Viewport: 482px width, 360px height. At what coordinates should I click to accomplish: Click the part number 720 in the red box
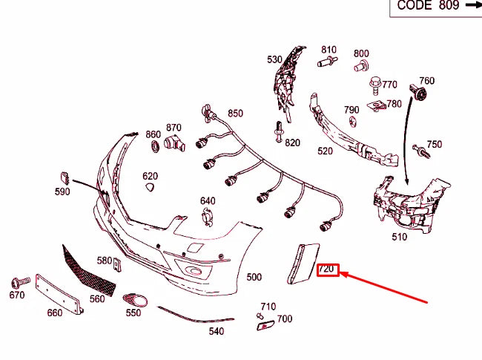[328, 269]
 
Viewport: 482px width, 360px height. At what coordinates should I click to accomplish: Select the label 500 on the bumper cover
[254, 277]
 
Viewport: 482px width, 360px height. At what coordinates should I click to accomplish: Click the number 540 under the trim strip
[216, 331]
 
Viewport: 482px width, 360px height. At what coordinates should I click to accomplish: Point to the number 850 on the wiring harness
[235, 114]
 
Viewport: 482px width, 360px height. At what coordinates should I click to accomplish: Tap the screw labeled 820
[279, 134]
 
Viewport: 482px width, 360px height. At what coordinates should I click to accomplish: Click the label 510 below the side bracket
[399, 238]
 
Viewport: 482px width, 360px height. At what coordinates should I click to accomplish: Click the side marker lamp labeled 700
[263, 324]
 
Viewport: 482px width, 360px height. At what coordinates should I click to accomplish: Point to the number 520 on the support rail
[325, 151]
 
